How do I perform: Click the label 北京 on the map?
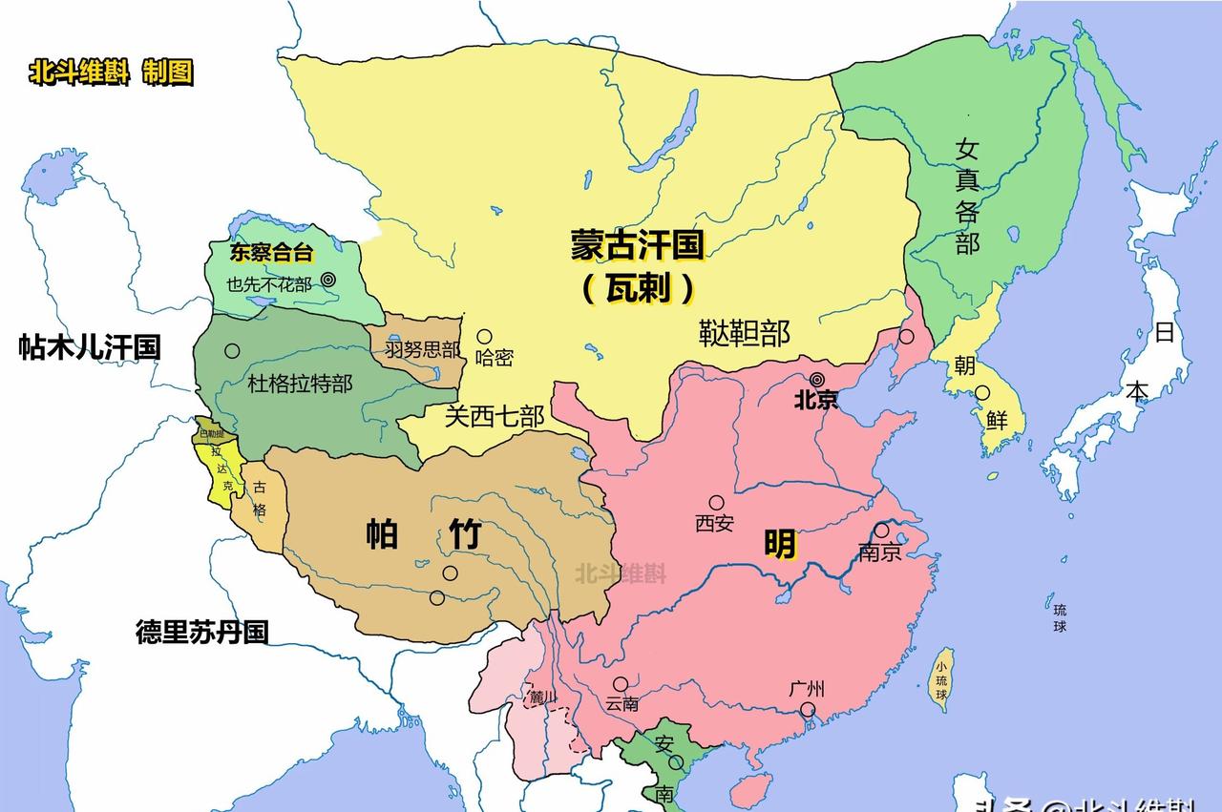pyautogui.click(x=816, y=400)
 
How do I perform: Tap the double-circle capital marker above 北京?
pyautogui.click(x=817, y=379)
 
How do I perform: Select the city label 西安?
pyautogui.click(x=714, y=523)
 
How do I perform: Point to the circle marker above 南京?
pyautogui.click(x=881, y=531)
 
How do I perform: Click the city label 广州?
pyautogui.click(x=807, y=689)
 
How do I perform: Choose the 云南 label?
pyautogui.click(x=622, y=704)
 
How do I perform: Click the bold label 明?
pyautogui.click(x=780, y=545)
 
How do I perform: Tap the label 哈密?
pyautogui.click(x=494, y=358)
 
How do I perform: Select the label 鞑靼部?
pyautogui.click(x=745, y=333)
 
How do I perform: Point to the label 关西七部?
pyautogui.click(x=495, y=416)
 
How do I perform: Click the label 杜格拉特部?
pyautogui.click(x=300, y=384)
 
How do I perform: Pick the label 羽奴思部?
pyautogui.click(x=423, y=349)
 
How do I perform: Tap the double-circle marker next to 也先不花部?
pyautogui.click(x=327, y=280)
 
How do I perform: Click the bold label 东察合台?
pyautogui.click(x=271, y=253)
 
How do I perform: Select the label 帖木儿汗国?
pyautogui.click(x=90, y=347)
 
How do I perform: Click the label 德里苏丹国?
pyautogui.click(x=201, y=632)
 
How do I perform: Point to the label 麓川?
pyautogui.click(x=542, y=697)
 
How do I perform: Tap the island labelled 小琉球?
pyautogui.click(x=941, y=680)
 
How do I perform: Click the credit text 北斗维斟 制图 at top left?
pyautogui.click(x=111, y=73)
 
